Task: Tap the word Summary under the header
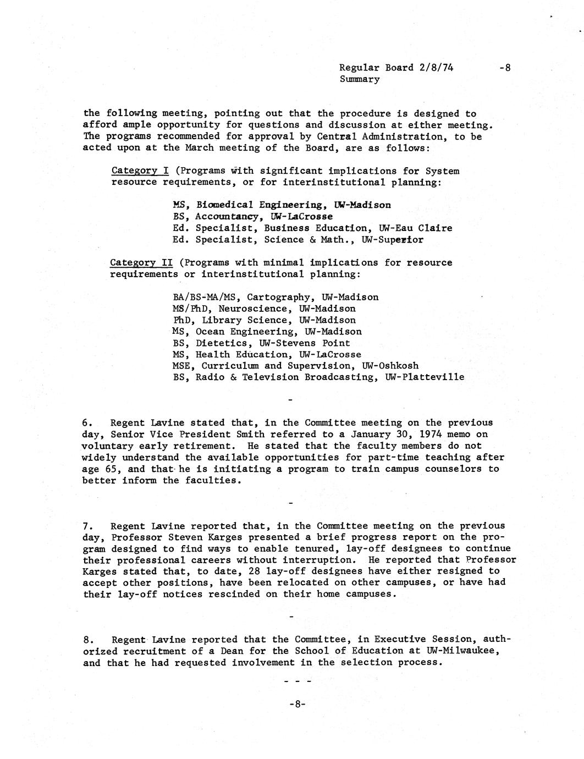point(359,79)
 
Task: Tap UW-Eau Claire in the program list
point(415,228)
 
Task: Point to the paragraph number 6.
point(86,423)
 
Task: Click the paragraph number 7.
point(86,526)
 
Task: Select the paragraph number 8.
point(87,640)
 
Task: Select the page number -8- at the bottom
point(297,705)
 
